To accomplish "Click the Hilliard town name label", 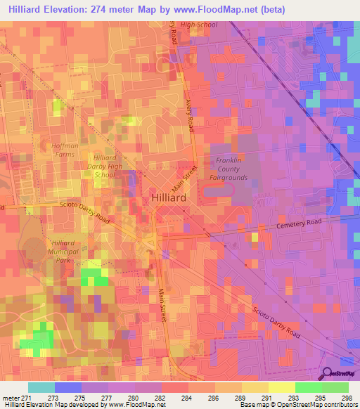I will click(x=169, y=199).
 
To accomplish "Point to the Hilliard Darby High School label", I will click(x=104, y=167).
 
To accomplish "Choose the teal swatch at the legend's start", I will click(x=41, y=387).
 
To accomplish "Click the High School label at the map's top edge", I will click(x=199, y=25).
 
